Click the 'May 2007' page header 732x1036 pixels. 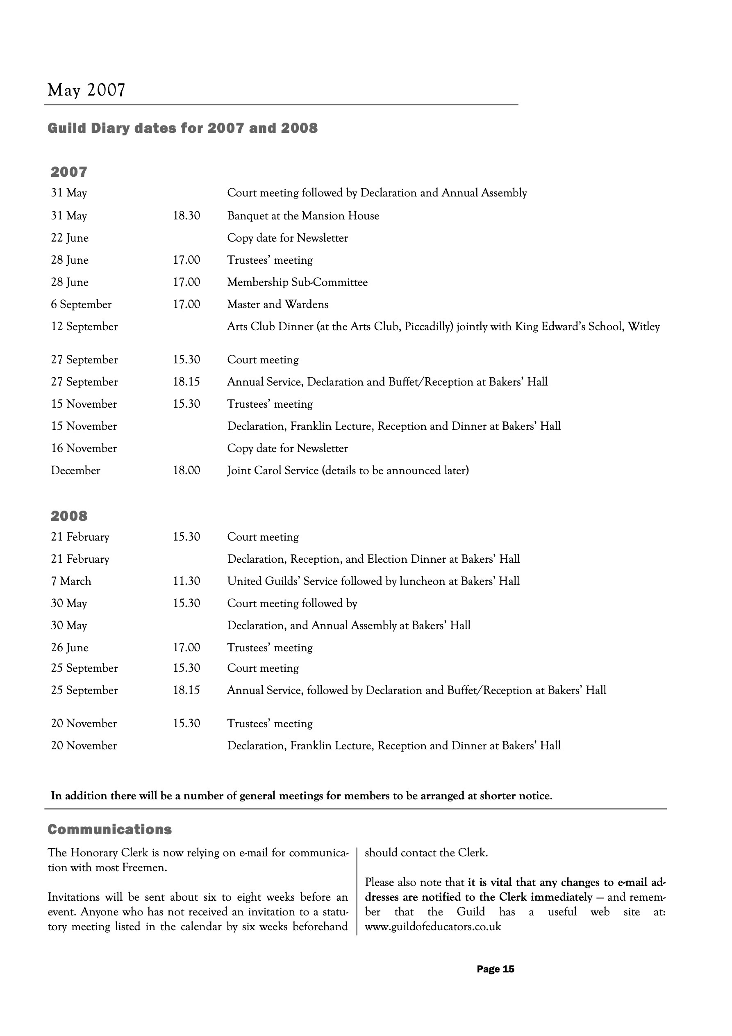coord(86,90)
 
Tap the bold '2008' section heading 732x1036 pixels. coord(69,516)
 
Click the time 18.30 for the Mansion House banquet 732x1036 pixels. coord(186,216)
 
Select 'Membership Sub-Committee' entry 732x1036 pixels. coord(297,282)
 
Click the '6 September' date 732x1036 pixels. coord(81,304)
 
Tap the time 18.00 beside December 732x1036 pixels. coord(186,470)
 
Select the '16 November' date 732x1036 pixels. coord(84,448)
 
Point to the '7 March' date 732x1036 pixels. coord(71,581)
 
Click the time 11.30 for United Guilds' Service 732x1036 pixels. coord(186,581)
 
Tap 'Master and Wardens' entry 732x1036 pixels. coord(277,304)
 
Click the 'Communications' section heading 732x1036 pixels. coord(109,829)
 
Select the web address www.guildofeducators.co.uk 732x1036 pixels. coord(432,927)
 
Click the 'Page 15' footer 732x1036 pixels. coord(495,969)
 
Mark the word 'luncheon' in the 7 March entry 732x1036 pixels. coord(422,581)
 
